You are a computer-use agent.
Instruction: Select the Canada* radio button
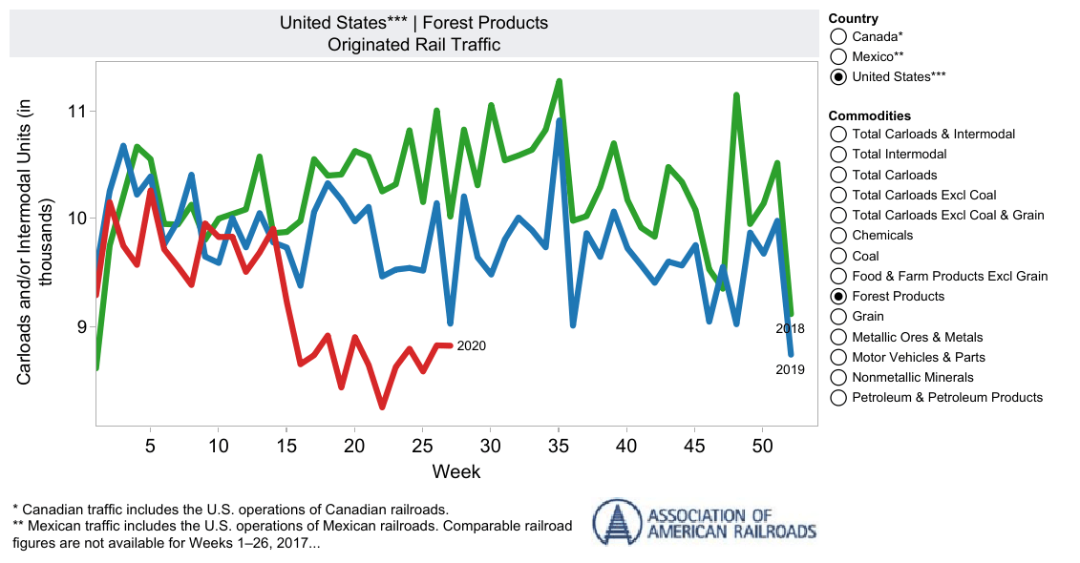[x=838, y=36]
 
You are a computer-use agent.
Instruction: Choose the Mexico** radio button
[x=838, y=56]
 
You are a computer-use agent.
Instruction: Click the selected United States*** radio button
[x=838, y=76]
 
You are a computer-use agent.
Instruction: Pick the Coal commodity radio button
[x=838, y=256]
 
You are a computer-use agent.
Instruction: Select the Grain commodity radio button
[x=838, y=316]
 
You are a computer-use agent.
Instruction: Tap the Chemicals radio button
[x=838, y=235]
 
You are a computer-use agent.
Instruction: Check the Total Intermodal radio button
[x=838, y=154]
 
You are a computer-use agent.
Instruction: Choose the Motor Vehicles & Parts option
[x=838, y=357]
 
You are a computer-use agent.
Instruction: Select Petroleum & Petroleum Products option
[x=838, y=397]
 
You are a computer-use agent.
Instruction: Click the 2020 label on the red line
[x=472, y=345]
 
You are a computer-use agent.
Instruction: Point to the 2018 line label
[x=790, y=329]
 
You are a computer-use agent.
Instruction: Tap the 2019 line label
[x=790, y=369]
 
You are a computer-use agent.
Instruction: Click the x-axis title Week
[x=455, y=471]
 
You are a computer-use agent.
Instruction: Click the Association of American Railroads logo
[x=705, y=521]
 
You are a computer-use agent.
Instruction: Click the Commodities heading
[x=869, y=115]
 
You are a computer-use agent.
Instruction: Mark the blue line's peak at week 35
[x=559, y=121]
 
